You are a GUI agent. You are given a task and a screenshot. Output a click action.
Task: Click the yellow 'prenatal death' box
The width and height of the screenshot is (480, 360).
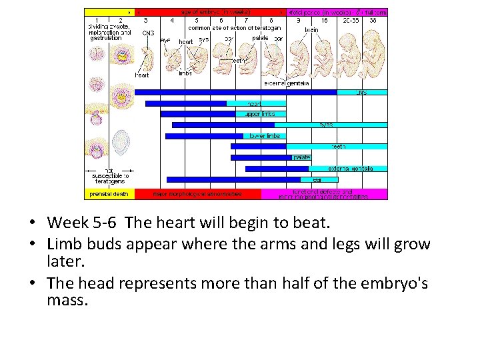click(109, 194)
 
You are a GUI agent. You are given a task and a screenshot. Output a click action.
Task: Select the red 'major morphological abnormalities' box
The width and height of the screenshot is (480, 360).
click(197, 194)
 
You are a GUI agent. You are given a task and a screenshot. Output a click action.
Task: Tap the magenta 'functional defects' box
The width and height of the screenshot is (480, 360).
click(324, 194)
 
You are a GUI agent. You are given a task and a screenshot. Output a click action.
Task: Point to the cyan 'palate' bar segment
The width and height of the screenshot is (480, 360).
click(301, 157)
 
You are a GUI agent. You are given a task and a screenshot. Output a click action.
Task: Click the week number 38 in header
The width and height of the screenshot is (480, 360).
click(373, 21)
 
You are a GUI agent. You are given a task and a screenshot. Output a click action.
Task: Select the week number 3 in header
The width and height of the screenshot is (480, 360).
click(146, 21)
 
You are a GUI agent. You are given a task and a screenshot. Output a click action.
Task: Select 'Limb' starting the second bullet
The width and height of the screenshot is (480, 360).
click(65, 244)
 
